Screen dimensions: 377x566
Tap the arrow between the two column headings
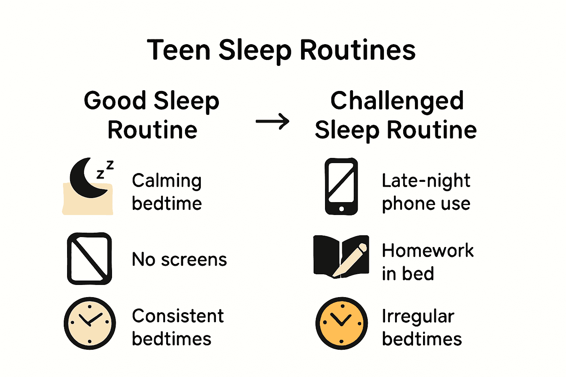pyautogui.click(x=272, y=121)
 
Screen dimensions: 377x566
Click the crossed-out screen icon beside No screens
pyautogui.click(x=89, y=258)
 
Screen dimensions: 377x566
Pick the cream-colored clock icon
pyautogui.click(x=90, y=323)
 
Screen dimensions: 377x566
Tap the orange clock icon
pyautogui.click(x=341, y=323)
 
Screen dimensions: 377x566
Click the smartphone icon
pyautogui.click(x=341, y=186)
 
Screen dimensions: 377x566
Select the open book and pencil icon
pyautogui.click(x=341, y=257)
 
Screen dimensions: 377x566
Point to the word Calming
pyautogui.click(x=167, y=181)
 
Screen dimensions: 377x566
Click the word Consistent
pyautogui.click(x=178, y=316)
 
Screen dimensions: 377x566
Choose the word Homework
pyautogui.click(x=427, y=251)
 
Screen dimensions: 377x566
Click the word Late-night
pyautogui.click(x=426, y=181)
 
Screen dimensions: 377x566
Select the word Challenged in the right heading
pyautogui.click(x=397, y=101)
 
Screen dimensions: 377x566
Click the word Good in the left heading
pyautogui.click(x=115, y=101)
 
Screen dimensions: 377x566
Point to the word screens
pyautogui.click(x=194, y=260)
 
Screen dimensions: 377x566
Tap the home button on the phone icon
pyautogui.click(x=341, y=209)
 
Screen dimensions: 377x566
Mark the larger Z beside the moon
pyautogui.click(x=109, y=165)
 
